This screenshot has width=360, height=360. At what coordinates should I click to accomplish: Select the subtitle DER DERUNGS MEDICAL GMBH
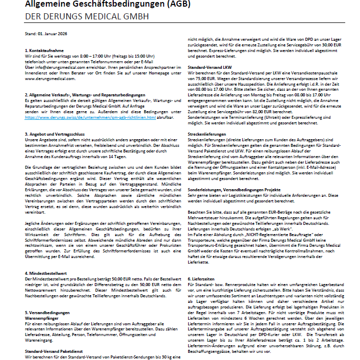[87, 17]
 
